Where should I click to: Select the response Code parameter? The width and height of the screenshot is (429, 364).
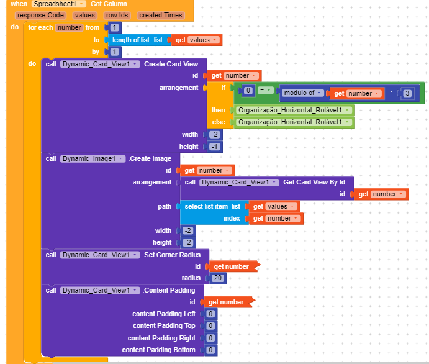40,15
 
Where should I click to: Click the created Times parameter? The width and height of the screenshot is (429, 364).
160,15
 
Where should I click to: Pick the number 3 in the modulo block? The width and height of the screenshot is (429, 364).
407,93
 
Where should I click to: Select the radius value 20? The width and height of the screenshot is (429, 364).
217,278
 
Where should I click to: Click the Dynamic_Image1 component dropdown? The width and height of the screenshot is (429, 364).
92,158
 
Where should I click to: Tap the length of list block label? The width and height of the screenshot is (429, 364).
132,40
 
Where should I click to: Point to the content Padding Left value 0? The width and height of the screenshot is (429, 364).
210,314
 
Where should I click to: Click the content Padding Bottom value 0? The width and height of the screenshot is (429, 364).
210,350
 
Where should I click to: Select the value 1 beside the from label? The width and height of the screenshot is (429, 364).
115,27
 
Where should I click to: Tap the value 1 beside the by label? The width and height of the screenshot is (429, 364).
115,52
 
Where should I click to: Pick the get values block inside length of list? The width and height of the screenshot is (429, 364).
195,40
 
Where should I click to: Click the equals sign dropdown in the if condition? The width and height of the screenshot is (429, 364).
264,91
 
